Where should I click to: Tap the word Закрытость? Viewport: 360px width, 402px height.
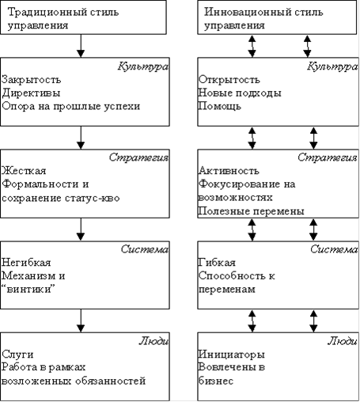[32, 79]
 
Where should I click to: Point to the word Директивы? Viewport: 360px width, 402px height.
[31, 93]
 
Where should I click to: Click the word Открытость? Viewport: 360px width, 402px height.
[229, 79]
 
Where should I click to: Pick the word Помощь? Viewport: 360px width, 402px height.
[220, 106]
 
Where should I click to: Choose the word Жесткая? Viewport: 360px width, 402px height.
[24, 171]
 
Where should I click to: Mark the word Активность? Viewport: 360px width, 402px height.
[229, 171]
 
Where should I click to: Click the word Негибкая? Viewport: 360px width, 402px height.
[26, 263]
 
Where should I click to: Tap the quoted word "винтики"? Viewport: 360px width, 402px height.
[28, 290]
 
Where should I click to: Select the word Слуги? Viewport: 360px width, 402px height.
[17, 355]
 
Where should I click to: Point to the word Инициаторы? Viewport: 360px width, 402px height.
[231, 355]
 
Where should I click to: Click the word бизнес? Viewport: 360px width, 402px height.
[216, 381]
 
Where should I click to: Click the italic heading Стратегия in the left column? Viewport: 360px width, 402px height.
[138, 157]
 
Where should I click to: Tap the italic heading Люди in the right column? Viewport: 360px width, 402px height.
[343, 341]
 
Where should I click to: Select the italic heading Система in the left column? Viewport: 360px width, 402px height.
[145, 249]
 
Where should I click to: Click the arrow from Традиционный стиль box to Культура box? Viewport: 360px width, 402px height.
[81, 46]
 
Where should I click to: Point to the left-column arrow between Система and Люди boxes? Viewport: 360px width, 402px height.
[81, 320]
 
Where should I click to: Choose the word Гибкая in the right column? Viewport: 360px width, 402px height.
[217, 263]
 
